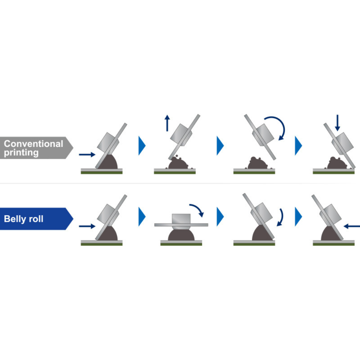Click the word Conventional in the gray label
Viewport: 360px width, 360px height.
pyautogui.click(x=33, y=144)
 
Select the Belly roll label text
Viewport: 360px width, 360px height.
pyautogui.click(x=24, y=219)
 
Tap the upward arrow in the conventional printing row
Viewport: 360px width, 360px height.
pyautogui.click(x=167, y=123)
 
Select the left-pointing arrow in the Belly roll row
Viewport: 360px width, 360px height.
pyautogui.click(x=352, y=226)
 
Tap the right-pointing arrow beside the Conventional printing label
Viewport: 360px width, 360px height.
pyautogui.click(x=87, y=154)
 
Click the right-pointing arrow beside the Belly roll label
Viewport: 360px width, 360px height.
pyautogui.click(x=87, y=226)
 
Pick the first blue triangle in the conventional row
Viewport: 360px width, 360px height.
pyautogui.click(x=142, y=146)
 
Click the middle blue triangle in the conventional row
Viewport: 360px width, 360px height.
pyautogui.click(x=220, y=146)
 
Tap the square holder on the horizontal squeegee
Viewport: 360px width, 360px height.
pyautogui.click(x=181, y=218)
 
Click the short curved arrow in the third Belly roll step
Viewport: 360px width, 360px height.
pyautogui.click(x=281, y=217)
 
